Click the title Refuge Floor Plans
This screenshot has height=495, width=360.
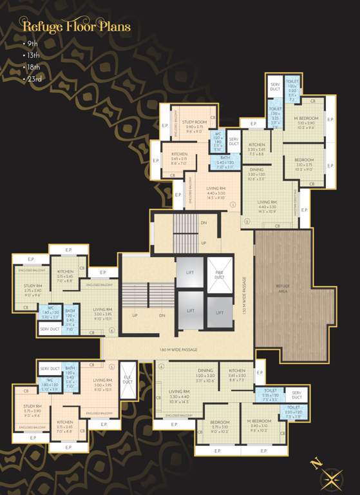coord(77,27)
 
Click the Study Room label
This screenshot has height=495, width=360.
coord(194,122)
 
